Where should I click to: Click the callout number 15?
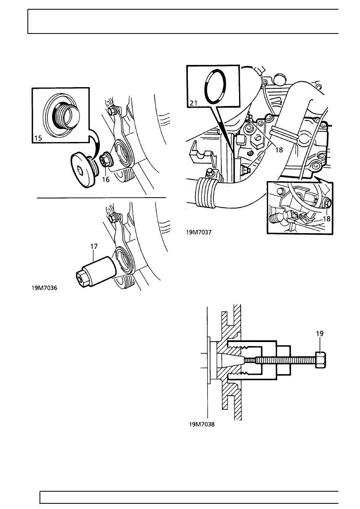[x=38, y=138]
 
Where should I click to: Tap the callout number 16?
[x=106, y=179]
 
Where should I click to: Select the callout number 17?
[x=94, y=246]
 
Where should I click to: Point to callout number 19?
[x=320, y=334]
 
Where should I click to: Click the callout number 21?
[x=194, y=103]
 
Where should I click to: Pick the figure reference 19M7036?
[x=44, y=288]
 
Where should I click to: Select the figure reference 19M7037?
[x=199, y=232]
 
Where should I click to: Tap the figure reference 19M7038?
[x=202, y=424]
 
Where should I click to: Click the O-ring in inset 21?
[x=205, y=86]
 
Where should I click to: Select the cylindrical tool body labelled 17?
[x=100, y=268]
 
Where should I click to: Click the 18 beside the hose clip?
[x=279, y=150]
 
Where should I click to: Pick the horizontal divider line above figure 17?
[x=101, y=198]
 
